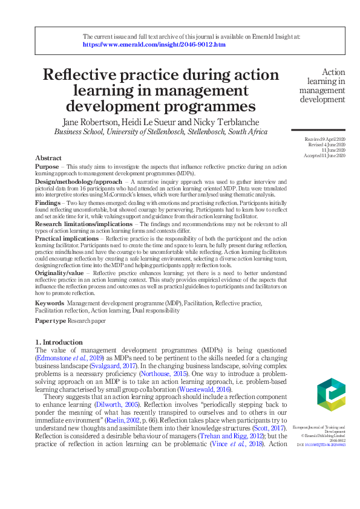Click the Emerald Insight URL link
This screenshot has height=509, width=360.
154,45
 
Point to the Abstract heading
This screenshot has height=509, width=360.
48,158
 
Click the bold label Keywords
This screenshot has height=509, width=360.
50,302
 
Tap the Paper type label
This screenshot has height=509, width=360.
50,320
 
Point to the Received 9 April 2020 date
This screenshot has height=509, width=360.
325,140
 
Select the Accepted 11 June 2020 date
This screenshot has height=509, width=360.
325,156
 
